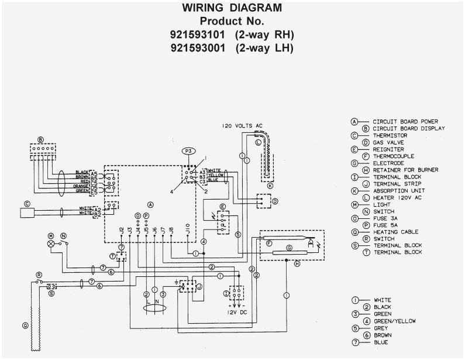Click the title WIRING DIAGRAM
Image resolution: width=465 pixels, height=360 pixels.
[232, 8]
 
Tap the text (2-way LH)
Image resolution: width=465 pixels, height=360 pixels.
[264, 48]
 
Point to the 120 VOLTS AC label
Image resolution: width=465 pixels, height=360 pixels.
[242, 126]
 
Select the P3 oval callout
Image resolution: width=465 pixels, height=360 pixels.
[188, 150]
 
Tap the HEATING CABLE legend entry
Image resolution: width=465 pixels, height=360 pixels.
[395, 232]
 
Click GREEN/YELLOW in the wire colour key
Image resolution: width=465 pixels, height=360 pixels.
[394, 321]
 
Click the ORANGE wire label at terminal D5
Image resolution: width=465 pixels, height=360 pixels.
[81, 186]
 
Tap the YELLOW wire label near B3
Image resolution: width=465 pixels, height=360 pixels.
[216, 175]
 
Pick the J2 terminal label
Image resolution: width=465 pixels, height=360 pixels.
[121, 231]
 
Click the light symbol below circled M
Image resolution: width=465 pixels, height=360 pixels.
[51, 243]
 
